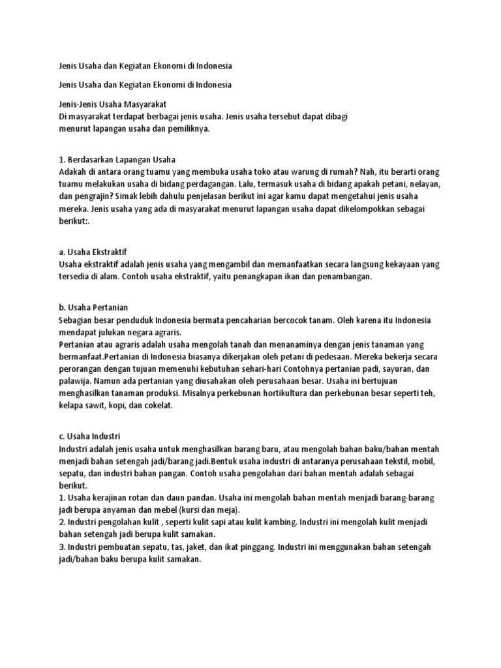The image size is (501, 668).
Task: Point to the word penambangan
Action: (343, 276)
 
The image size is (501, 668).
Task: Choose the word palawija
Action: (76, 381)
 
